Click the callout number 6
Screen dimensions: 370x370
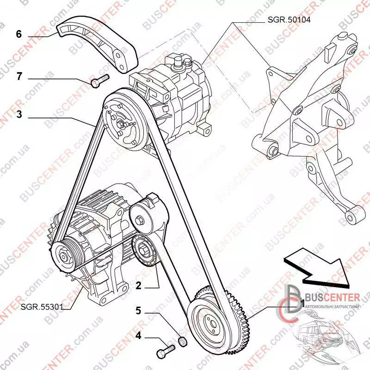point(19,34)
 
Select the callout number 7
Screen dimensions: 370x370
point(19,77)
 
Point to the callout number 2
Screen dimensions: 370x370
point(137,285)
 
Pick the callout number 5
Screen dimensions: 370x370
point(137,310)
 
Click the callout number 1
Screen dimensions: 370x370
point(301,303)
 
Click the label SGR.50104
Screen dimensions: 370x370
point(287,20)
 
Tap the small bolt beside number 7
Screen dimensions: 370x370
point(99,80)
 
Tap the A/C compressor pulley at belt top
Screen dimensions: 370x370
point(123,122)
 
